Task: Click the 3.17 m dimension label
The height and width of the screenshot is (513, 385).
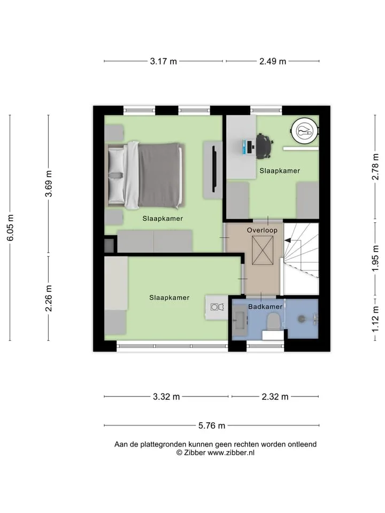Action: tap(164, 61)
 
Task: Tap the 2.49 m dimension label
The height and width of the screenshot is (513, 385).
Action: tap(273, 61)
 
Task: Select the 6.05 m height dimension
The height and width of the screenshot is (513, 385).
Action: tap(10, 228)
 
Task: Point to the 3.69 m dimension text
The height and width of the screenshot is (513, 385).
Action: tap(49, 183)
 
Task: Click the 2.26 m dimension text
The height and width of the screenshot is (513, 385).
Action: tap(49, 298)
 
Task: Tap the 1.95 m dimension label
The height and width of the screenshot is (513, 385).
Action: tap(375, 259)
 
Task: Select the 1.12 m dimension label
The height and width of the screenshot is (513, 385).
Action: tap(375, 319)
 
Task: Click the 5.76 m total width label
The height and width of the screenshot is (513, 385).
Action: tap(212, 426)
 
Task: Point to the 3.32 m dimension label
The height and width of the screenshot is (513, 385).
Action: tap(166, 397)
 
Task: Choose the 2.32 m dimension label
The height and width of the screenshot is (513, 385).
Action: tap(275, 397)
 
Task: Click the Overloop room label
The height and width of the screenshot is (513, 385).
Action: tap(262, 230)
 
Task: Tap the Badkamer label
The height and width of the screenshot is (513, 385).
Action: tap(265, 307)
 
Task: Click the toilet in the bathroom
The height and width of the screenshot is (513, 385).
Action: tap(273, 322)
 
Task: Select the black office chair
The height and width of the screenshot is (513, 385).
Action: tap(264, 146)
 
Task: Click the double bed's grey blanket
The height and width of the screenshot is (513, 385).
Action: tap(159, 175)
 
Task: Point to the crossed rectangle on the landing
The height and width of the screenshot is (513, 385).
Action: tap(263, 251)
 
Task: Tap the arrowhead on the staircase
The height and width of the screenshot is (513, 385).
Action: tap(287, 240)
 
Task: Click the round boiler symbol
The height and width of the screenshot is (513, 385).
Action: tap(305, 131)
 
